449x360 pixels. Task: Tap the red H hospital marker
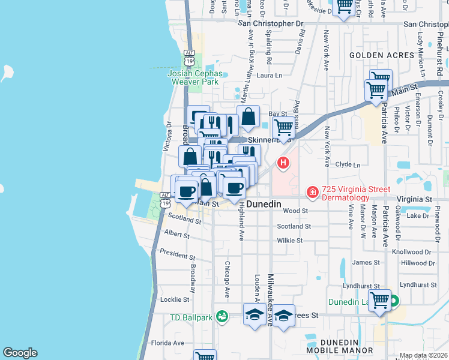283,163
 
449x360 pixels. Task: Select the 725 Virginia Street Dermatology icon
312,193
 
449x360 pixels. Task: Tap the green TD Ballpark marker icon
221,316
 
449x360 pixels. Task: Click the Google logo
20,353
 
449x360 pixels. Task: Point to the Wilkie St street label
290,240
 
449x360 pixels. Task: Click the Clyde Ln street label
348,164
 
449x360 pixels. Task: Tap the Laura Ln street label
270,76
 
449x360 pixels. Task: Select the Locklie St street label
175,299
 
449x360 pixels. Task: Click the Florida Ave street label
167,343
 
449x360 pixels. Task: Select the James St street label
364,262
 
